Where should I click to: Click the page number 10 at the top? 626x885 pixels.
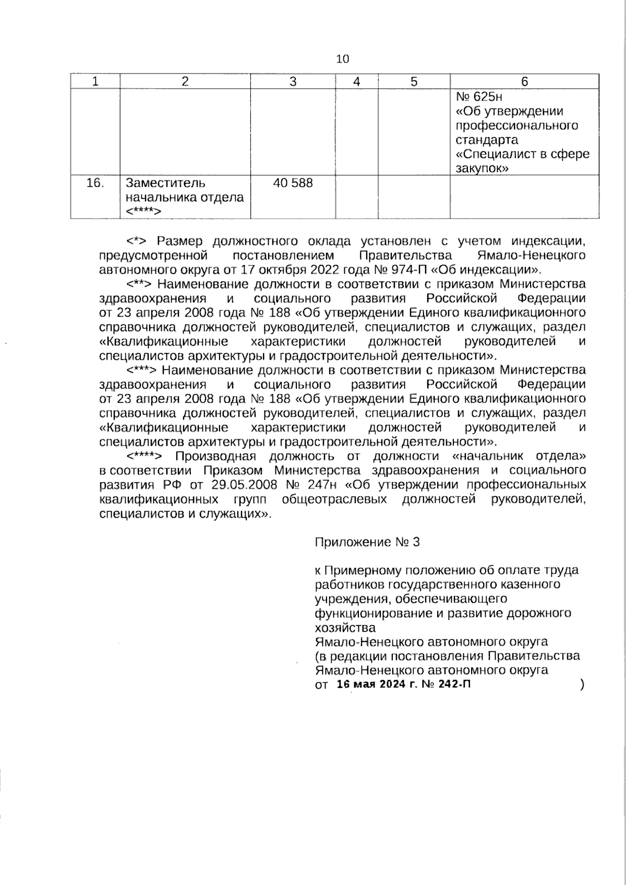click(x=342, y=59)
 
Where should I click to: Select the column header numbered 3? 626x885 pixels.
click(x=293, y=81)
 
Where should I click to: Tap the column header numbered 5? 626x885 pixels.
click(x=414, y=81)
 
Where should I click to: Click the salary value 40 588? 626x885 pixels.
click(x=293, y=183)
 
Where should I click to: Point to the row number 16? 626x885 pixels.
click(x=95, y=183)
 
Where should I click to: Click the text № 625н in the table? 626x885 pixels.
click(x=479, y=97)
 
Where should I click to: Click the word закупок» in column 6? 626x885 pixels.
click(x=482, y=168)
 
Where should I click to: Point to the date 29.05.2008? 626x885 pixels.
click(x=243, y=484)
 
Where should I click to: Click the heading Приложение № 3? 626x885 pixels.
click(x=367, y=542)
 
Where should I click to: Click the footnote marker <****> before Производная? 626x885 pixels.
click(x=146, y=456)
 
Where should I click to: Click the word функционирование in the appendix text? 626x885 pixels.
click(x=373, y=613)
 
